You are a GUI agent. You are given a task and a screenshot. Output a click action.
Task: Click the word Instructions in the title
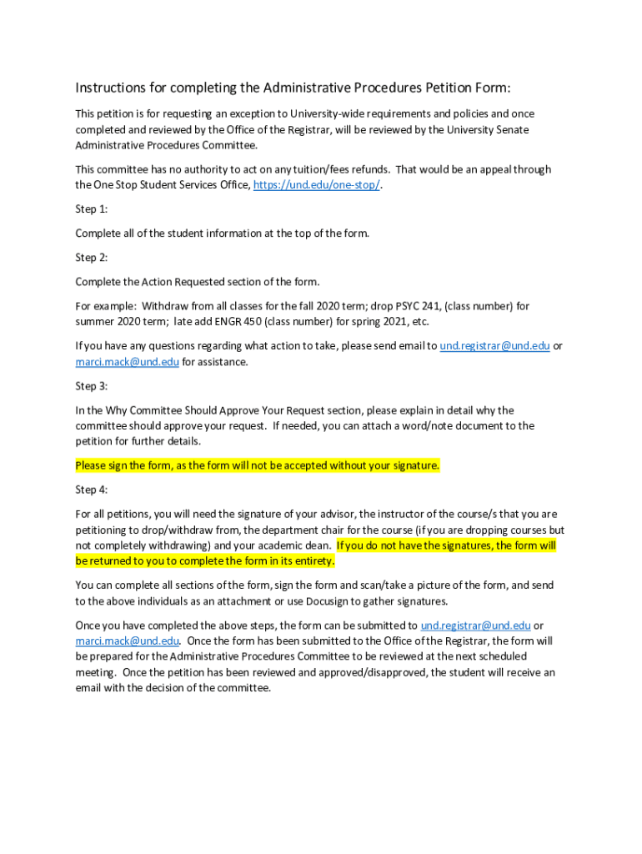coord(113,88)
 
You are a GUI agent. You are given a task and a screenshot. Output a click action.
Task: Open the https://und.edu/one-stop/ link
coord(316,185)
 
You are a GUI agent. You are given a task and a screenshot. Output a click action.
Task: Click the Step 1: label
coord(92,209)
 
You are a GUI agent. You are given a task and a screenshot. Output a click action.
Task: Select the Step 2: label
coord(92,258)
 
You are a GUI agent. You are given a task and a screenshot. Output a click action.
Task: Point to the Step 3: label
coord(92,386)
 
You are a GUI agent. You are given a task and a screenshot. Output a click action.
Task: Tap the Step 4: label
coord(92,490)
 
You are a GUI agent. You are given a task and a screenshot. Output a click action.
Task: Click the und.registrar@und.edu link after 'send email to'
coord(494,345)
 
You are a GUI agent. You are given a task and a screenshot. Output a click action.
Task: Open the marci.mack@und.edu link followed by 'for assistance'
coord(127,362)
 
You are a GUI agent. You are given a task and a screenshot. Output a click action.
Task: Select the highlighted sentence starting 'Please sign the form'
coord(257,465)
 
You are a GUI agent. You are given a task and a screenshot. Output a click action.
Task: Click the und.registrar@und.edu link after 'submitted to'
coord(475,625)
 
